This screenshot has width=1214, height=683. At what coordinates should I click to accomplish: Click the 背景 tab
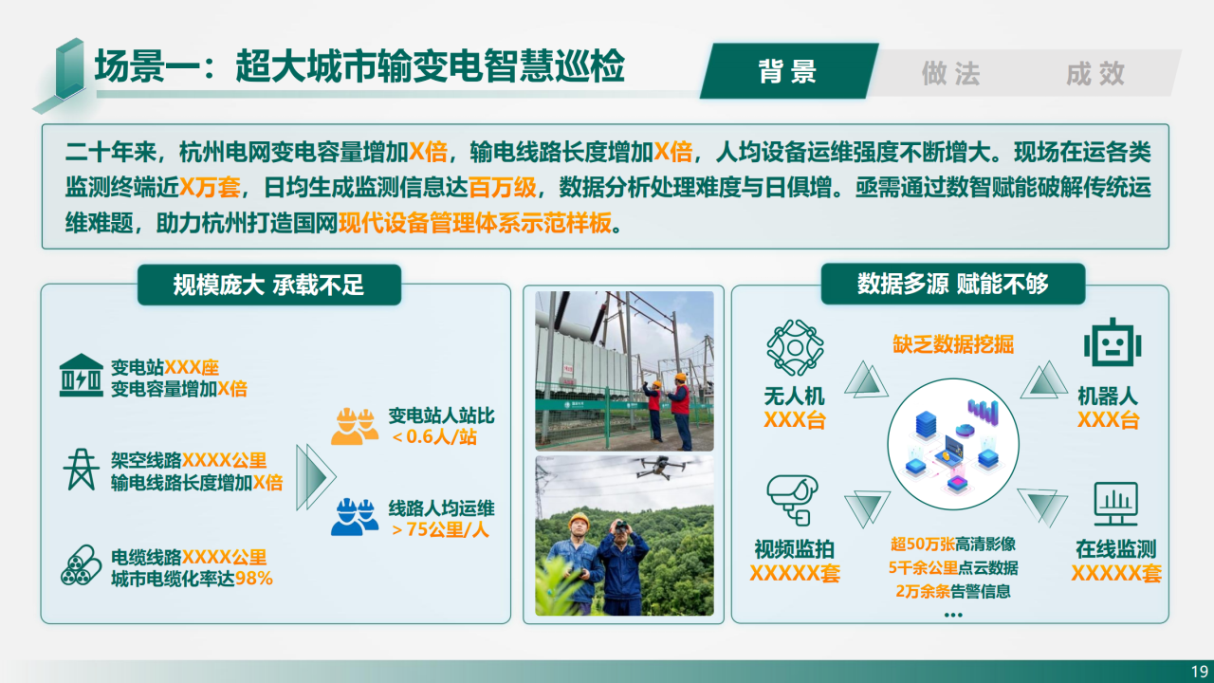788,71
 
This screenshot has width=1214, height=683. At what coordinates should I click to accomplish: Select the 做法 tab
951,73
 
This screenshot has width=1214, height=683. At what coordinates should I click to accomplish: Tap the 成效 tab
1095,73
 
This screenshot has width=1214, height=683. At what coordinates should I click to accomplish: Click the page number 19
1200,671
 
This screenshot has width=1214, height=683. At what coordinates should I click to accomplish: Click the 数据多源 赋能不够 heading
953,284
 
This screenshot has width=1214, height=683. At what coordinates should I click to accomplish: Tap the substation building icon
81,375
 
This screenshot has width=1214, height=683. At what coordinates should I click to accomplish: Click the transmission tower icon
81,470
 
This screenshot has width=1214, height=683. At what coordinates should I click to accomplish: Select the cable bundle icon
81,565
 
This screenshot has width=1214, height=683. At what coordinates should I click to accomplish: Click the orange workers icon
355,426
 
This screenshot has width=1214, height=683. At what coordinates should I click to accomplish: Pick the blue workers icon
355,517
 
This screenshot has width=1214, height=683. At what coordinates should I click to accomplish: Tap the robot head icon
1113,342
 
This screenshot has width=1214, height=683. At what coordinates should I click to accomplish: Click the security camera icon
792,500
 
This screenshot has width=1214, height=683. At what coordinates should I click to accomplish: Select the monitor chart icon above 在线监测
1115,504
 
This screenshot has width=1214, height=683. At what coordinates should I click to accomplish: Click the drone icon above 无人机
795,347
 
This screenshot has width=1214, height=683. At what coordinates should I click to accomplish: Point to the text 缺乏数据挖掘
953,344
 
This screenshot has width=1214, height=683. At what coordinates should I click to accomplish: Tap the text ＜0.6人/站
434,437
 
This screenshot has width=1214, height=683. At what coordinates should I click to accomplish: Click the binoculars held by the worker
621,526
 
